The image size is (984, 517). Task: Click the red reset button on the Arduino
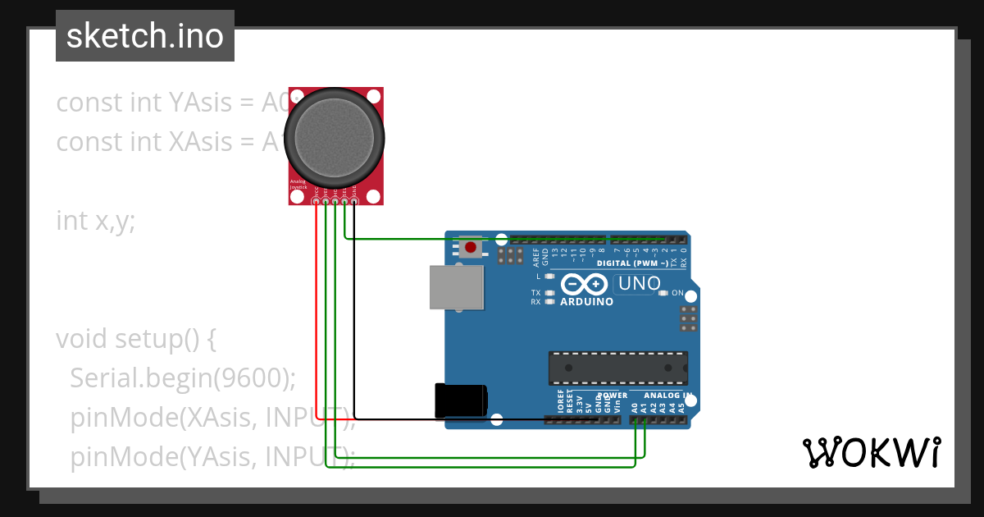click(470, 247)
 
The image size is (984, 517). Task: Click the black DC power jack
click(461, 400)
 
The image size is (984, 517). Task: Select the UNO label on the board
click(639, 284)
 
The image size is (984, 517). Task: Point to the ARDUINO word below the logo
click(586, 302)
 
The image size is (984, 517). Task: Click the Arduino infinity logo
click(584, 285)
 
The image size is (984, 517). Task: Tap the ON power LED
click(666, 293)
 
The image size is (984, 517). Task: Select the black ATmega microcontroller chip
click(618, 368)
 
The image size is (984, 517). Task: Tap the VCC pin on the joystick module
click(317, 201)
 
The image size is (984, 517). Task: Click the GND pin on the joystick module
click(354, 201)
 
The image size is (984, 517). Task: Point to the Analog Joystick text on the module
click(298, 185)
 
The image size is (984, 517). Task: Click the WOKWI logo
click(871, 452)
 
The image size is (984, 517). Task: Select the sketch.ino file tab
click(145, 36)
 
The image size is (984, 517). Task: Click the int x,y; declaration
click(95, 221)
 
